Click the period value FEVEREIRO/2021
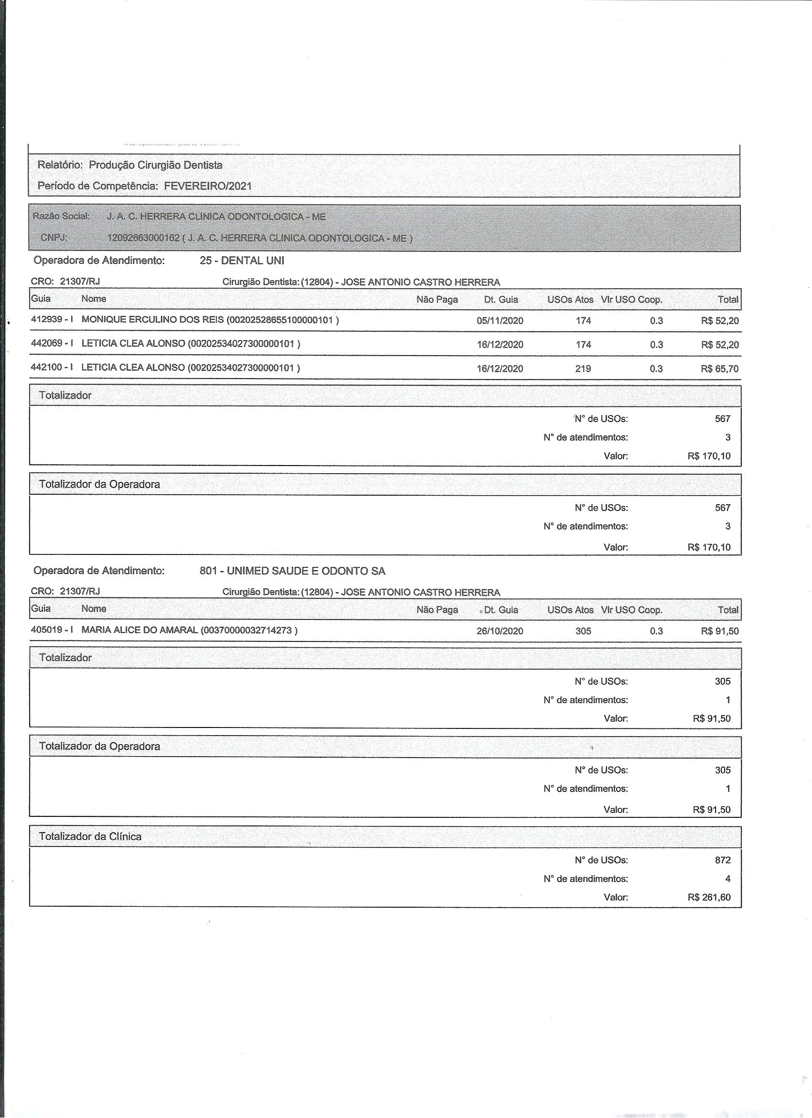pos(207,186)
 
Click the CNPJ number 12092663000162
pos(143,238)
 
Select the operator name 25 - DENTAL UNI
pos(242,261)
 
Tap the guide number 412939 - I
pos(52,319)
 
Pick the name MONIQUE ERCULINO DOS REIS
pos(153,319)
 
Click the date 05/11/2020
pos(500,321)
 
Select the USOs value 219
pos(583,369)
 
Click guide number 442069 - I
pos(52,343)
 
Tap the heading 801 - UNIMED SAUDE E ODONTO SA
pos(292,571)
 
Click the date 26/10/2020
pos(500,631)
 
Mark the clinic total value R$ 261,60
pos(709,897)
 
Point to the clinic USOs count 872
pos(722,860)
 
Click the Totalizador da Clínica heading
pos(90,836)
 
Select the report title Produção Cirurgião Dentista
pos(155,165)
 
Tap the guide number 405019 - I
pos(52,630)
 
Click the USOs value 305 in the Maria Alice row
pos(583,631)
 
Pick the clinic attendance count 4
pos(728,879)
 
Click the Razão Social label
pos(61,216)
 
